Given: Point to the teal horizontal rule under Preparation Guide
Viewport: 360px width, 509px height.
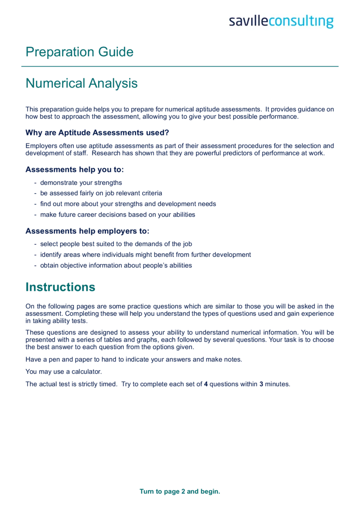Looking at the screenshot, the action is [x=180, y=67].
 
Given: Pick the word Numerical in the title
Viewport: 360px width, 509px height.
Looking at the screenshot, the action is [x=54, y=84].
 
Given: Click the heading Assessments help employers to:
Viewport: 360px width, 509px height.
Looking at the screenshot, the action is [x=88, y=231].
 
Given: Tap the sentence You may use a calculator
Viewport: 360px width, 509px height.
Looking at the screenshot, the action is [x=65, y=372].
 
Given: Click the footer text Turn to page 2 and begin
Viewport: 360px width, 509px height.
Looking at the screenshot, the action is [x=180, y=492].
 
